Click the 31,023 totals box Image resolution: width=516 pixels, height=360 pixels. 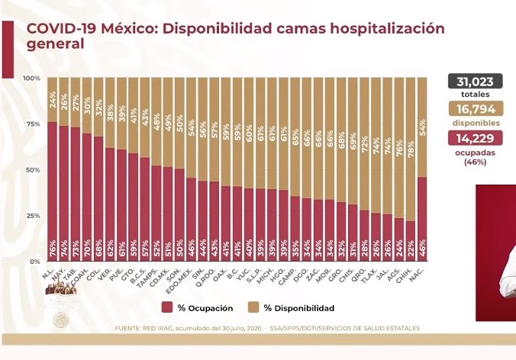point(474,82)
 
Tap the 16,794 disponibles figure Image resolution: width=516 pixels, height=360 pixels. point(474,110)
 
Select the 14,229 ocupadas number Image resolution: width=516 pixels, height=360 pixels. point(474,138)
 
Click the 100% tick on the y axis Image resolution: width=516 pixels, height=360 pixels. point(32,79)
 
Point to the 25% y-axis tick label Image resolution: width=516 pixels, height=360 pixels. point(33,216)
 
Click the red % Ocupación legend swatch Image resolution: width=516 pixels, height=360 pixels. point(166,307)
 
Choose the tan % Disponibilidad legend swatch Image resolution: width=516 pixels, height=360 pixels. point(253,307)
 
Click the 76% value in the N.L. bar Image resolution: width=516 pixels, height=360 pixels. point(52,249)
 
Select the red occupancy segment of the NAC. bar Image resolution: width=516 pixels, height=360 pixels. point(422,221)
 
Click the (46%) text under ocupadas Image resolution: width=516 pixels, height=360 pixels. point(474,162)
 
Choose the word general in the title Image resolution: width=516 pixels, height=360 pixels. point(55,44)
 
